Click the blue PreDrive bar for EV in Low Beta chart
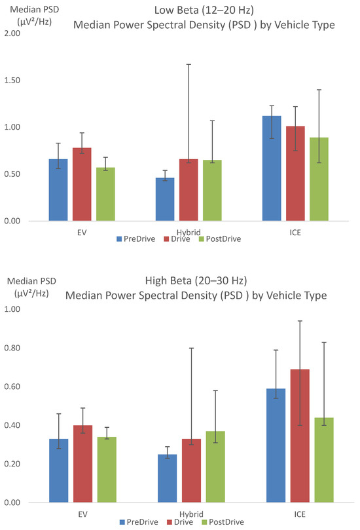[x=58, y=190]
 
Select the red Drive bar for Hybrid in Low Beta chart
[x=189, y=190]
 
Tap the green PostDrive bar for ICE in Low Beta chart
[x=319, y=179]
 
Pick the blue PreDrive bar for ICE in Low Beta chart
[x=272, y=168]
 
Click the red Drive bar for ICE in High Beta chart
[x=300, y=436]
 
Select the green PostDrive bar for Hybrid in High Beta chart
[x=215, y=467]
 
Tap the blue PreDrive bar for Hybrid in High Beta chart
[x=167, y=478]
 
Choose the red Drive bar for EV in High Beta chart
[x=82, y=464]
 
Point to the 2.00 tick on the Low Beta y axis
[x=12, y=33]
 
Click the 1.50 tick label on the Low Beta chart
[x=12, y=80]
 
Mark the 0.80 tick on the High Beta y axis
[x=12, y=347]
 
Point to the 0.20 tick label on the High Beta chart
[x=12, y=464]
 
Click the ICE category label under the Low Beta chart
[x=295, y=233]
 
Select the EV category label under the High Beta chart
[x=82, y=514]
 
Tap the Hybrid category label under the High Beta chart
[x=191, y=514]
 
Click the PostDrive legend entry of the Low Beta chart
[x=220, y=239]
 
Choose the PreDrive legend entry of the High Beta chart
[x=139, y=522]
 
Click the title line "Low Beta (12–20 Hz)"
[x=204, y=10]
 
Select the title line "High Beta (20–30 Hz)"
[x=196, y=280]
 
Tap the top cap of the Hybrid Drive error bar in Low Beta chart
[x=189, y=64]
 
